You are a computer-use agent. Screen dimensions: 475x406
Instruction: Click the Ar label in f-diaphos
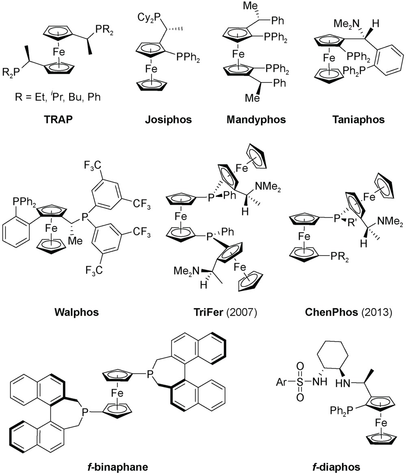coord(281,382)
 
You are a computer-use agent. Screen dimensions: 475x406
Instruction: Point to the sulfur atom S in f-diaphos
coord(300,382)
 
